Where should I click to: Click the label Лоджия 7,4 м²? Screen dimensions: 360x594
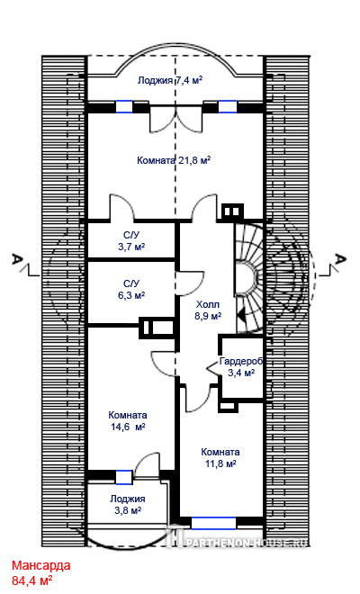pos(170,80)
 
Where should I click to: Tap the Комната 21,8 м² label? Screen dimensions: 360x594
pos(174,160)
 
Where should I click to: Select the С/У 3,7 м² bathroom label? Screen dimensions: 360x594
pos(131,241)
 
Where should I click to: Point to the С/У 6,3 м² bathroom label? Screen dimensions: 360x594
pos(131,290)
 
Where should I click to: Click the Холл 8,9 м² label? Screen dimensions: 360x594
pos(208,310)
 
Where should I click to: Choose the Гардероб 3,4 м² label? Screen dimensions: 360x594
pos(241,366)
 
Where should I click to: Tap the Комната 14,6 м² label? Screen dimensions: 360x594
pos(128,421)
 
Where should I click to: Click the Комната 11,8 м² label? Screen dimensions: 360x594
pos(220,457)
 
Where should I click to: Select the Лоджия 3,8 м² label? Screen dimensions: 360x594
pos(128,505)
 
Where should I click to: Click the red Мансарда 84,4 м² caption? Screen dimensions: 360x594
pos(40,572)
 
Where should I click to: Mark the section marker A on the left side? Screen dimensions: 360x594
pos(17,260)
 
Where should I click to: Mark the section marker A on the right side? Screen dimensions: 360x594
pos(341,260)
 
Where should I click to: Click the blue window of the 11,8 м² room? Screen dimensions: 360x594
pos(213,523)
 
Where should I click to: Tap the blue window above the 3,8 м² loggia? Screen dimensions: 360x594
pos(124,477)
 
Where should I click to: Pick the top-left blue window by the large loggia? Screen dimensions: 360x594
pos(124,106)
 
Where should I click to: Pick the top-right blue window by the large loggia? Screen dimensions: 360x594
pos(228,106)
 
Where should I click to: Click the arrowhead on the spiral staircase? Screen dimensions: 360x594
pos(242,313)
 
